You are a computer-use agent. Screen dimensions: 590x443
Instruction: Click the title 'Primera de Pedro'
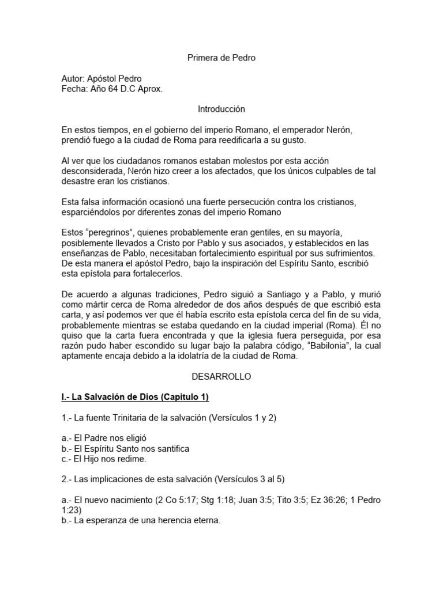point(221,58)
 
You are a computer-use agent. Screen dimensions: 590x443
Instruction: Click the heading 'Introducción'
point(221,109)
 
